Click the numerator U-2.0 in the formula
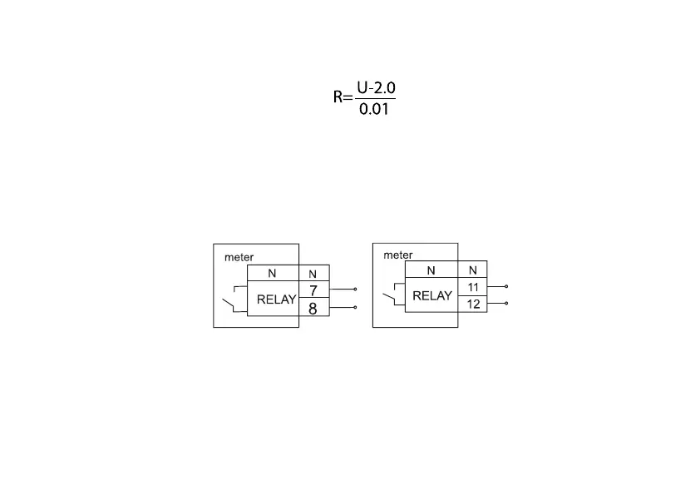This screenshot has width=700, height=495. [x=376, y=87]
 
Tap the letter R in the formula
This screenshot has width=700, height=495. [x=338, y=98]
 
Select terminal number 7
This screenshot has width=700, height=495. [x=313, y=290]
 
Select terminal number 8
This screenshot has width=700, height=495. [x=313, y=308]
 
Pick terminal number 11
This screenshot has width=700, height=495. [x=473, y=286]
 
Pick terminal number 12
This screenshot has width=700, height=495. [x=473, y=304]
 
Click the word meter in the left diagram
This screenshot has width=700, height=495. [x=239, y=257]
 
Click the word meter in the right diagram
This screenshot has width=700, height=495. [x=397, y=255]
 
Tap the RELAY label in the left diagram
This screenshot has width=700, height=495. [x=276, y=300]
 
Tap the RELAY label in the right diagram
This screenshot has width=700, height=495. [x=432, y=295]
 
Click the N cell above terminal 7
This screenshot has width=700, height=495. [x=313, y=274]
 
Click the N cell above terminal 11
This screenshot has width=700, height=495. [x=473, y=270]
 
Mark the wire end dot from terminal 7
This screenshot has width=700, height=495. [x=356, y=290]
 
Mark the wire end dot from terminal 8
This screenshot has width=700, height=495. [x=356, y=307]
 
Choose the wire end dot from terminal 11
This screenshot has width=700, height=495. [x=506, y=286]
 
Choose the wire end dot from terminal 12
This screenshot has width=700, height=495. [x=506, y=304]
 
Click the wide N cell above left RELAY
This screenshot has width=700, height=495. [x=272, y=274]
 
